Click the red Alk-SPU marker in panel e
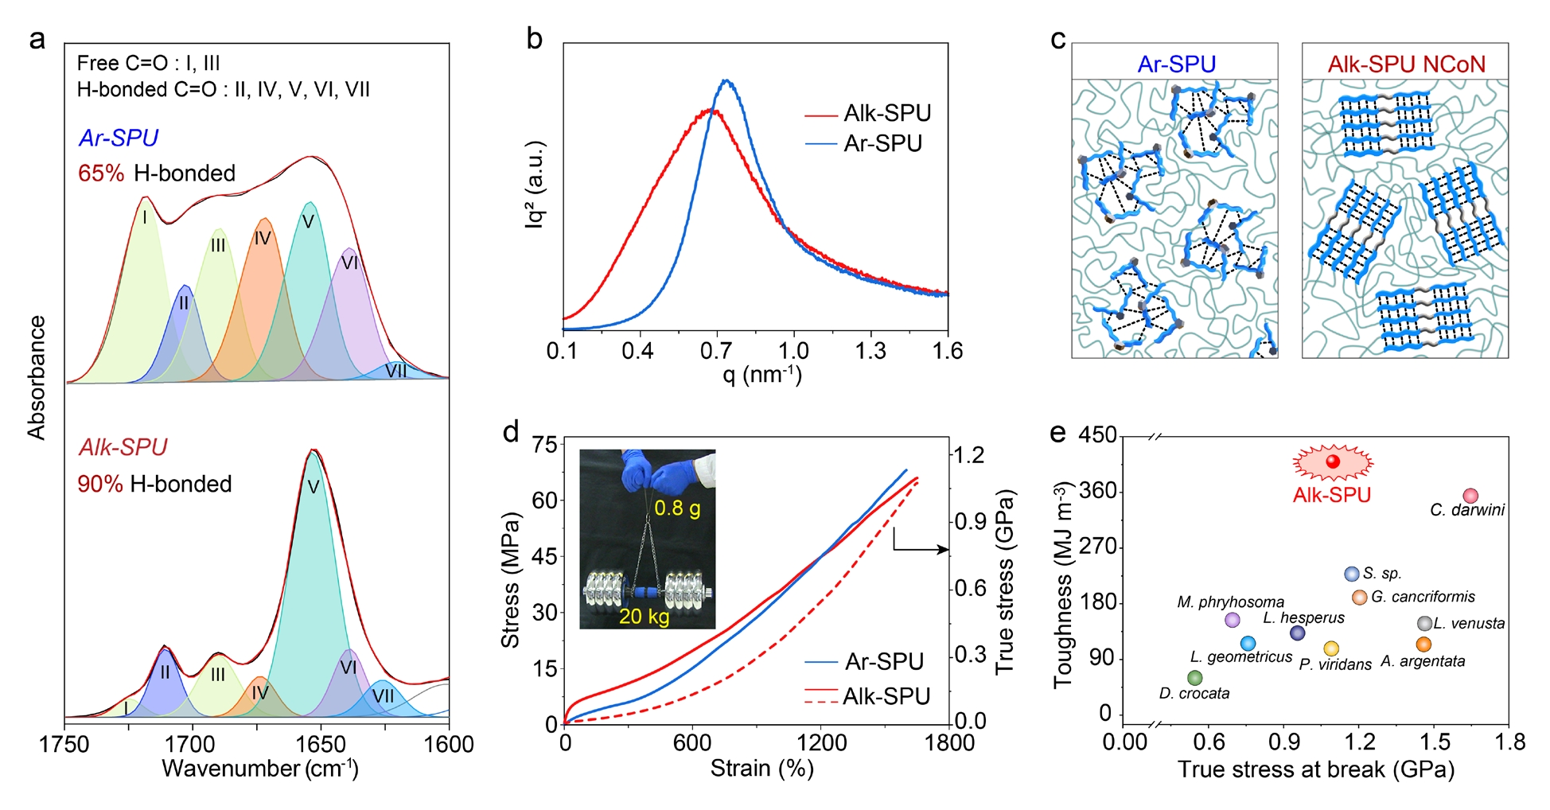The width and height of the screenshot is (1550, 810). [x=1333, y=461]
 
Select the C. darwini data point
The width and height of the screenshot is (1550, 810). [x=1470, y=496]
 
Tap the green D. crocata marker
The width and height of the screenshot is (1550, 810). [x=1194, y=678]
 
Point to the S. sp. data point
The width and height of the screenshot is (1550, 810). [x=1351, y=574]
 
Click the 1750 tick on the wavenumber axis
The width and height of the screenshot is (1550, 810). [x=64, y=745]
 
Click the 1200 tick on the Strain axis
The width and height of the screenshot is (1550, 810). [x=822, y=743]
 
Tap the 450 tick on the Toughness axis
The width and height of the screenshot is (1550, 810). [x=1097, y=435]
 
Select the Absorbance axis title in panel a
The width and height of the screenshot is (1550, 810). [x=37, y=377]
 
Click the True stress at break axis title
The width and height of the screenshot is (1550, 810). [x=1316, y=769]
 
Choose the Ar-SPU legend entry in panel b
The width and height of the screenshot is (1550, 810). [x=882, y=144]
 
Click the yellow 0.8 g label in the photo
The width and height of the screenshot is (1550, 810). [x=677, y=508]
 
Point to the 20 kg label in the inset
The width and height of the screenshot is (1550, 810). [x=644, y=617]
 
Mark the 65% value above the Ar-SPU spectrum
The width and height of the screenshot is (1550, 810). [x=101, y=173]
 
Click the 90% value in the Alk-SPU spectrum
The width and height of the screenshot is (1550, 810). [x=100, y=484]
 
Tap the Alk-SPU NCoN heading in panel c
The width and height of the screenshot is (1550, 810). [x=1406, y=64]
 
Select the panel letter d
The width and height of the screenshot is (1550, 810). [x=511, y=432]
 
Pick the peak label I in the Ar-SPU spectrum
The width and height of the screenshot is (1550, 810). [x=145, y=217]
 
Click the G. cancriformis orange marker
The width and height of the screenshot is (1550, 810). [x=1359, y=597]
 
